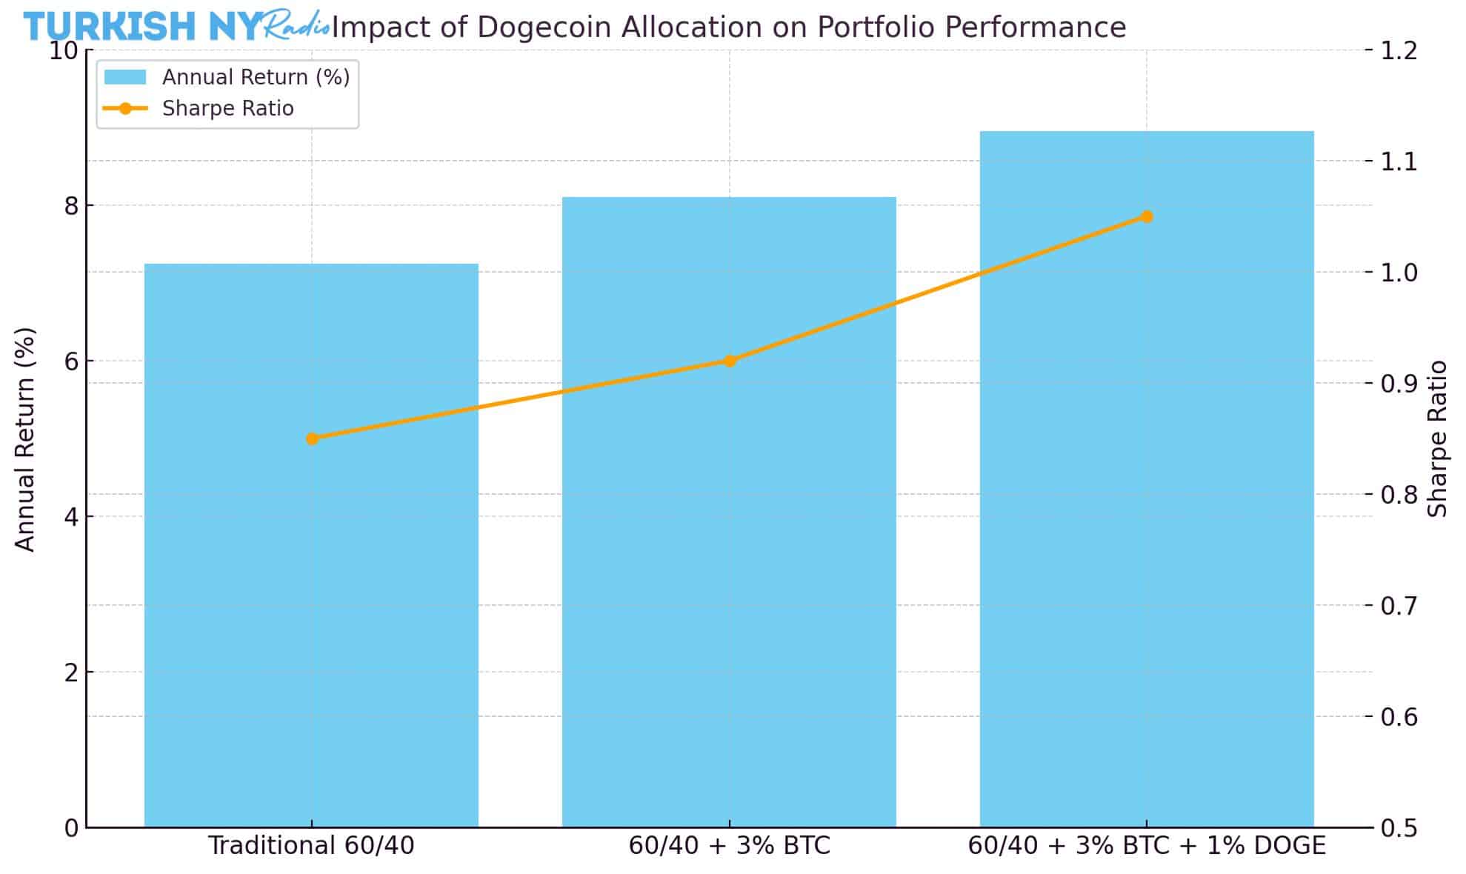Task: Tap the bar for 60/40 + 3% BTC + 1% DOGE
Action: (1147, 518)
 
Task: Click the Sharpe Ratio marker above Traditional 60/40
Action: (312, 438)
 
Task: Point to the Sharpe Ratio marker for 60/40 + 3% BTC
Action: (730, 361)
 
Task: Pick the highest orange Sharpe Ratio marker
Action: (1147, 216)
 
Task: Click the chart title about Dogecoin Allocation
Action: (729, 27)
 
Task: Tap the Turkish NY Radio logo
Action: (176, 26)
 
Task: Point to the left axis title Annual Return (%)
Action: (25, 439)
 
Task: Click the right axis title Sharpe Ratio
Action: (1437, 438)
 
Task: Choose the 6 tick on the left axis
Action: (70, 361)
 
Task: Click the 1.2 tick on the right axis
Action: (1399, 50)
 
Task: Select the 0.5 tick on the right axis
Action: (1399, 827)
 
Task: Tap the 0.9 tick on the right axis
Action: (1399, 383)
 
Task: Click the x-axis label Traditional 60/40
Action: (311, 845)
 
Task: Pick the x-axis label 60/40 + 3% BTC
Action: (729, 845)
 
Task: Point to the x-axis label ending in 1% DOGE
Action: (1147, 845)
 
